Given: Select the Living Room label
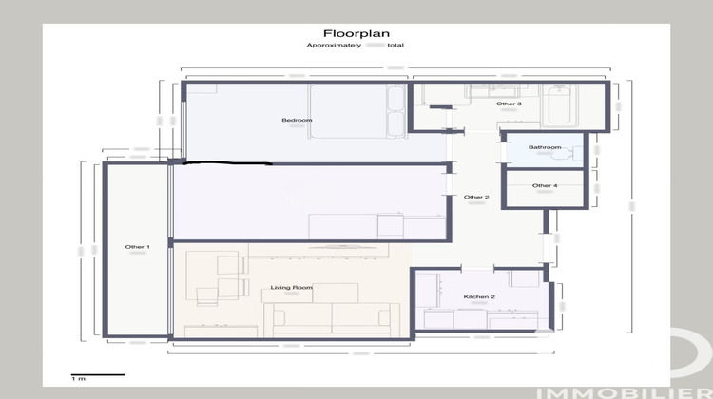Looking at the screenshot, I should pos(292,287).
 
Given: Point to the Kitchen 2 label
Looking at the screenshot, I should pos(479,296).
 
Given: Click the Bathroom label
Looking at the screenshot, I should pos(545,147).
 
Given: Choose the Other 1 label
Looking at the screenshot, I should pos(137,247).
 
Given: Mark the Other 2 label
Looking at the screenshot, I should pos(475,197).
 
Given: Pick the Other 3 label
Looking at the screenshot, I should pos(509,104).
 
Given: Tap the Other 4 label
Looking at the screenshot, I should pos(545,185).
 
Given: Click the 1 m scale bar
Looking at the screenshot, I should pos(97,374).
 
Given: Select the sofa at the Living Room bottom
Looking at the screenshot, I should pos(333,317).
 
